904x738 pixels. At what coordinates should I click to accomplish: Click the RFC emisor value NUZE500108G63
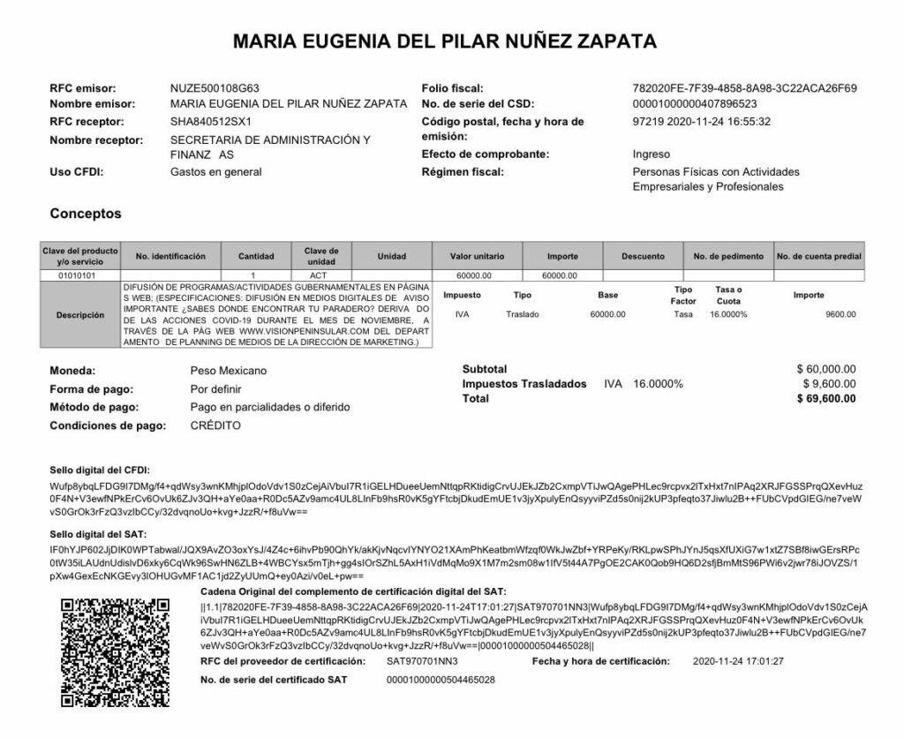click(215, 88)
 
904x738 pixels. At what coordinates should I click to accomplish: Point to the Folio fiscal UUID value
click(745, 88)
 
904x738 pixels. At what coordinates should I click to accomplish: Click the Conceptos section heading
click(86, 214)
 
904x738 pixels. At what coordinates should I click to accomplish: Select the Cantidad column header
click(256, 256)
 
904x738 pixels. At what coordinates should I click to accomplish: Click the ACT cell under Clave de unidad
click(318, 275)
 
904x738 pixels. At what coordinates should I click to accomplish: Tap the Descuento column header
click(643, 256)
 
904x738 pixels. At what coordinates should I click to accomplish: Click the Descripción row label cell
click(80, 315)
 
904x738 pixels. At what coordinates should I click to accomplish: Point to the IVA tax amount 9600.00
click(840, 315)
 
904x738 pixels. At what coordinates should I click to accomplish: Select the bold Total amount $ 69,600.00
click(825, 399)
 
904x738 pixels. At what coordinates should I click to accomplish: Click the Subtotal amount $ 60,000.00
click(825, 369)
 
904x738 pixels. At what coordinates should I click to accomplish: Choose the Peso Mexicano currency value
click(228, 371)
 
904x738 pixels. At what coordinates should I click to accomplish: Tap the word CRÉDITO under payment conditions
click(215, 425)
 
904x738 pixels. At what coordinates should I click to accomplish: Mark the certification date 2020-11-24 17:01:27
click(739, 660)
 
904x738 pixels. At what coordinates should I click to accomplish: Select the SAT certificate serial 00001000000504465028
click(441, 680)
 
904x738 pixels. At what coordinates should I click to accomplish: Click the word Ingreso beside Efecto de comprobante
click(652, 154)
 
